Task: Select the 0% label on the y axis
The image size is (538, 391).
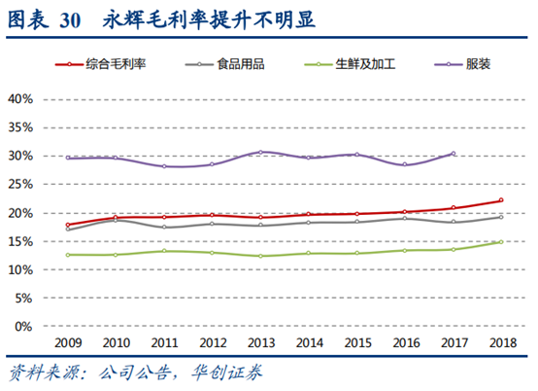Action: [25, 327]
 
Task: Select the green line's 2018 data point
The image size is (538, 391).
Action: [501, 242]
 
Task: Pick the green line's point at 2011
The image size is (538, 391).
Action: [164, 251]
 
